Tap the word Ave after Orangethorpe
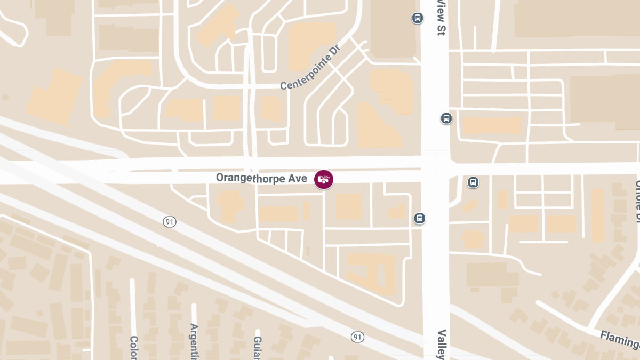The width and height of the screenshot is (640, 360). pyautogui.click(x=298, y=178)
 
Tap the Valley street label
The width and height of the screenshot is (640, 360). pyautogui.click(x=441, y=345)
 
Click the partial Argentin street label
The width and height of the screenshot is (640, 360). pyautogui.click(x=194, y=341)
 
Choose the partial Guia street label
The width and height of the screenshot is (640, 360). pyautogui.click(x=258, y=347)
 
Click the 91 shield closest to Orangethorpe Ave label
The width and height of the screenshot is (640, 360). pyautogui.click(x=170, y=222)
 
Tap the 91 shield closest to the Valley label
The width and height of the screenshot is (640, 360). pyautogui.click(x=357, y=337)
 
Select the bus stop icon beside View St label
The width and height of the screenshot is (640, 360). pyautogui.click(x=418, y=18)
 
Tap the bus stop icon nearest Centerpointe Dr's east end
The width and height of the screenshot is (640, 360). pyautogui.click(x=446, y=118)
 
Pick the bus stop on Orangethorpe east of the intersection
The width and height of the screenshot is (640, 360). pyautogui.click(x=473, y=183)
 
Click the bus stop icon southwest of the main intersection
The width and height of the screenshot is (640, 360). pyautogui.click(x=420, y=218)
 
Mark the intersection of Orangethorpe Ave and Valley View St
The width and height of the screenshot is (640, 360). pyautogui.click(x=436, y=166)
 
